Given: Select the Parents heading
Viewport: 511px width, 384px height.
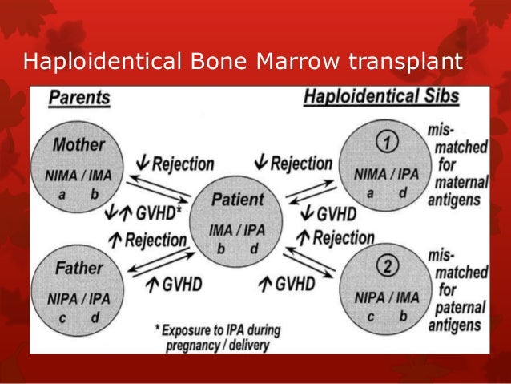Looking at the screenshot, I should (78, 99).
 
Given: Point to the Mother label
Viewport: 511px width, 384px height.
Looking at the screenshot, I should (78, 146).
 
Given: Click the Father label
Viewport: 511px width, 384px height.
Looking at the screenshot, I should (78, 265).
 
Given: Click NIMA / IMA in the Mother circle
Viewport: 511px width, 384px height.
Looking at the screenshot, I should (78, 174).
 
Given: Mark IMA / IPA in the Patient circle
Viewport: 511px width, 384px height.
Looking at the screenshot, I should (237, 230).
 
